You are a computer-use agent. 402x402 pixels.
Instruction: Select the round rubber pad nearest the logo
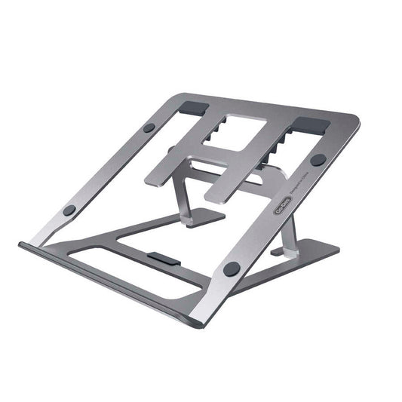point(318,160)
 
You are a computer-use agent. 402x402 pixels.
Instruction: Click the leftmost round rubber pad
point(69,210)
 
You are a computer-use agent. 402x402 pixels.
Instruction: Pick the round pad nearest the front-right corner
point(232,268)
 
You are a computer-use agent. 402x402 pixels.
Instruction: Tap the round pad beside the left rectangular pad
point(149,127)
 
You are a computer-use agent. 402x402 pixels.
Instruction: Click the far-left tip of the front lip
point(20,246)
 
